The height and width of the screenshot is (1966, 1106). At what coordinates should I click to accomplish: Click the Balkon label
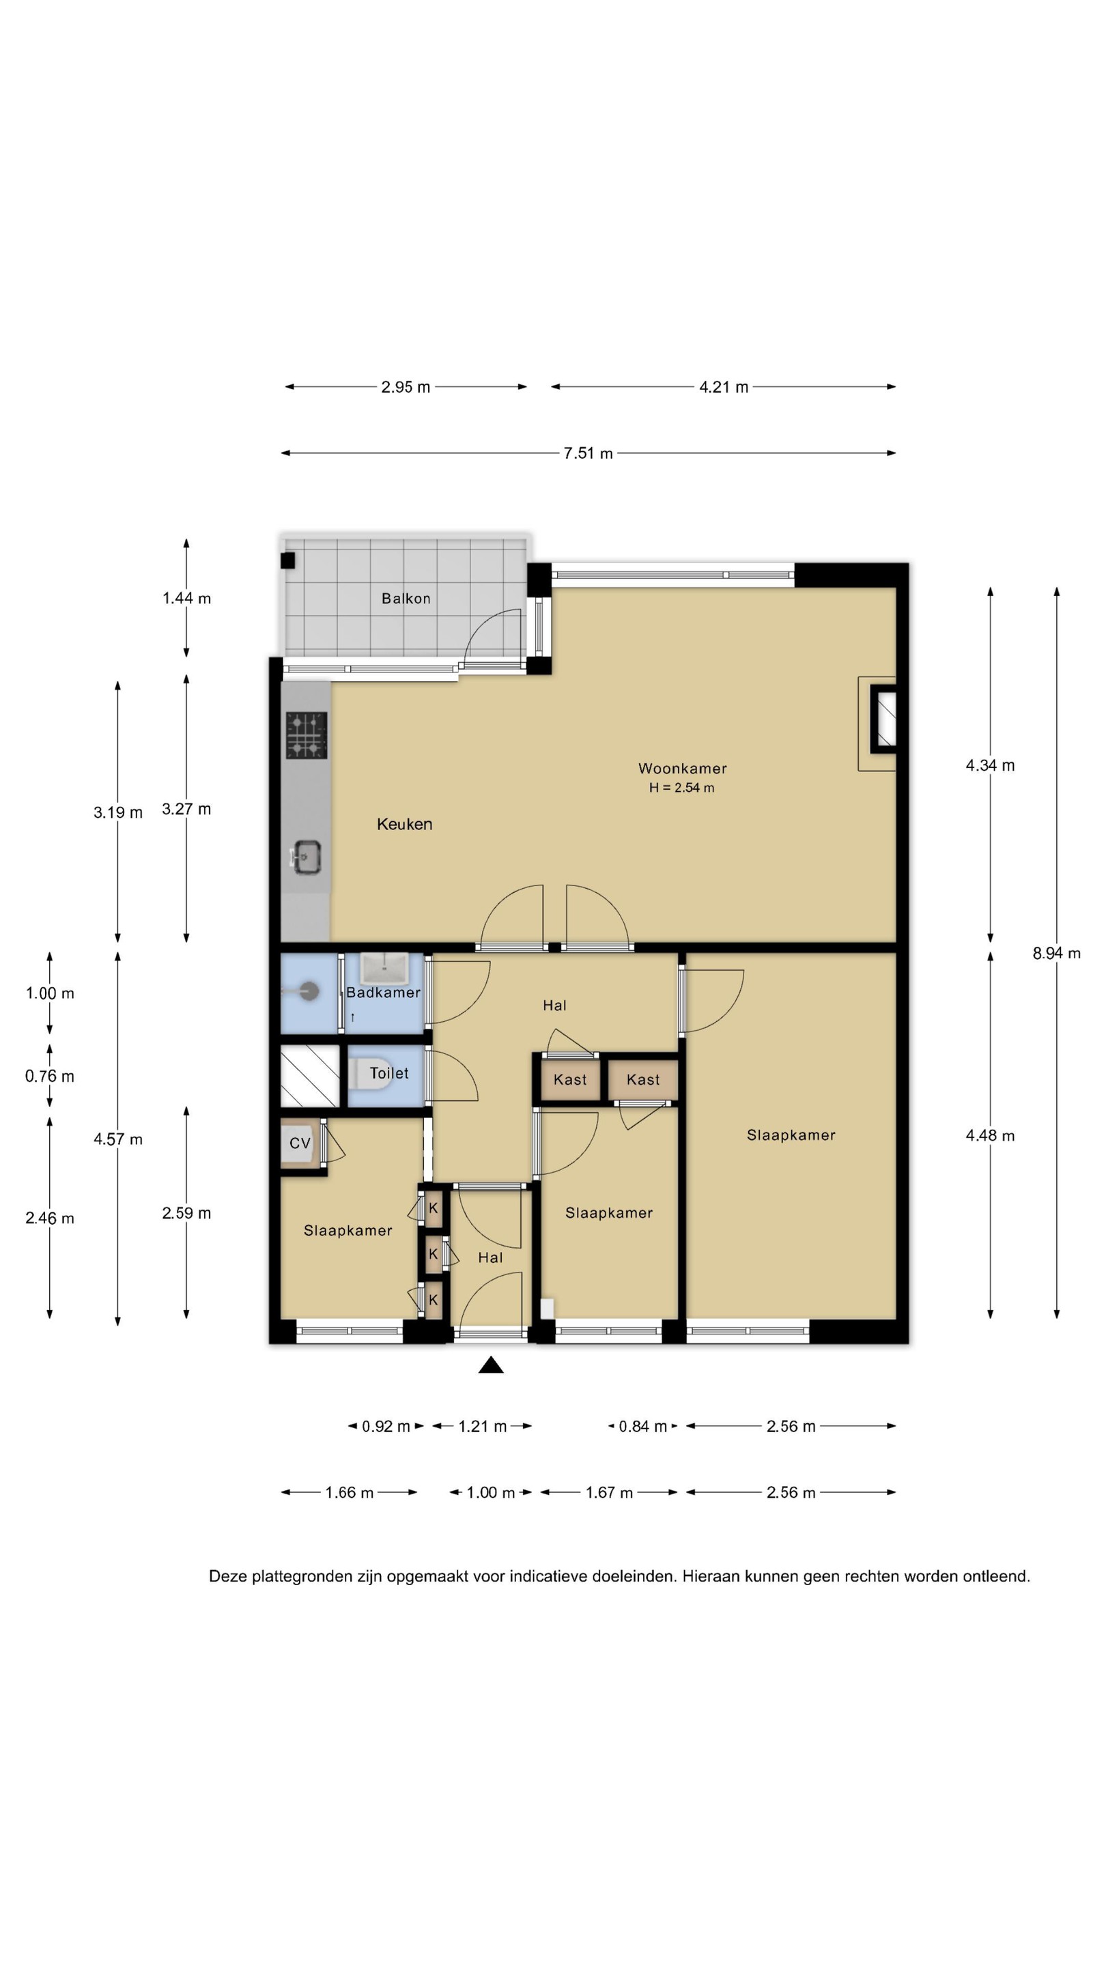pos(406,599)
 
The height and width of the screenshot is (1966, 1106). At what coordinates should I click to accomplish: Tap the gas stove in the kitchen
pos(306,735)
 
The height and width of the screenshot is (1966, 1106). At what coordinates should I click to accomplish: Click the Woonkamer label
pos(683,769)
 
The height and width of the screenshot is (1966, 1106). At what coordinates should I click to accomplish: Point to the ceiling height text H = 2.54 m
pos(681,788)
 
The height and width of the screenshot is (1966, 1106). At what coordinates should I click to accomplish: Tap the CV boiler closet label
pos(300,1143)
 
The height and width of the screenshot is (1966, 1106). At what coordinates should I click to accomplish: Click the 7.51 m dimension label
pos(588,453)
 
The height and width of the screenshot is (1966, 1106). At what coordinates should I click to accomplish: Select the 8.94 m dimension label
pos(1056,952)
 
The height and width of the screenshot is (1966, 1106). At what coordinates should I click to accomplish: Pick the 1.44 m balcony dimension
pos(186,599)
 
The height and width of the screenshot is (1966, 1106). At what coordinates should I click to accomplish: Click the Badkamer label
pos(383,992)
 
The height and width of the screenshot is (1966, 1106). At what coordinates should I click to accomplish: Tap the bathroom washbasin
pos(384,968)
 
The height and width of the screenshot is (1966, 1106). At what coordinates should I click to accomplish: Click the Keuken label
pos(405,824)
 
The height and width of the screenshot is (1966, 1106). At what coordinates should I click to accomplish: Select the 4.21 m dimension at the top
pos(724,387)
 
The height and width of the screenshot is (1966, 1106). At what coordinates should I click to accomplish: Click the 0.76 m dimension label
pos(50,1076)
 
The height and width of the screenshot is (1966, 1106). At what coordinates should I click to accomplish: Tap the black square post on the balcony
pos(287,561)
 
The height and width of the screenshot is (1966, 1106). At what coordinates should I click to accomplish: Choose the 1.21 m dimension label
pos(483,1427)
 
